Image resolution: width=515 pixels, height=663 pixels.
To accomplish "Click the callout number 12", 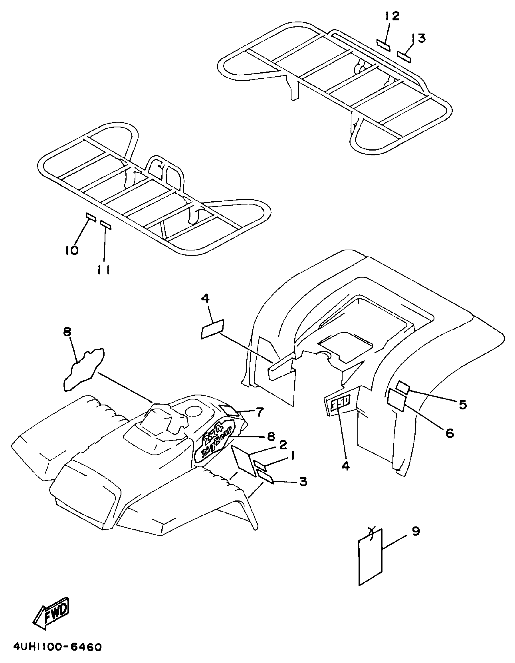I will (392, 16).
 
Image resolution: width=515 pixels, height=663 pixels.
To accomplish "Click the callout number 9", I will (416, 531).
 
